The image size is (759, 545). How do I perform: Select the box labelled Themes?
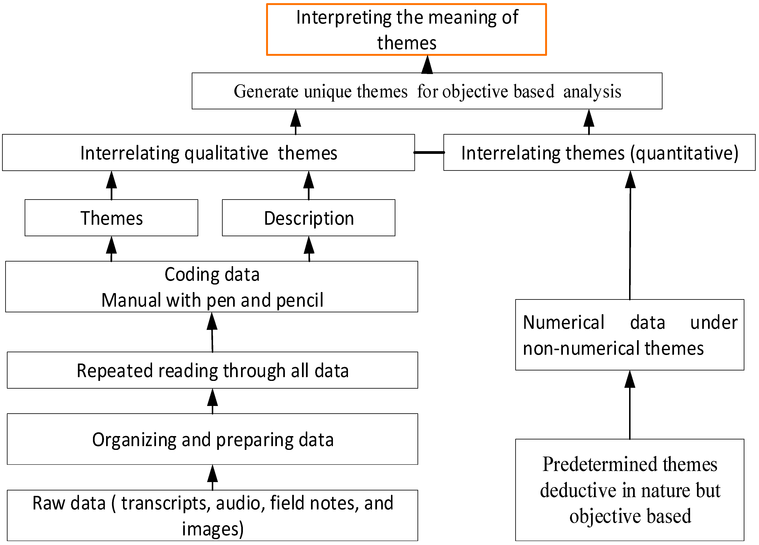click(x=112, y=218)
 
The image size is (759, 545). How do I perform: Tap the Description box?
click(x=308, y=218)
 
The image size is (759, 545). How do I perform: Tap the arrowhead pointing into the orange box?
click(x=427, y=65)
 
